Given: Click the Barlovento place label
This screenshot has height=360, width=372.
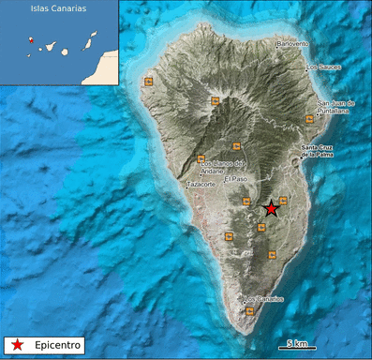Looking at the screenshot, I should click(292, 44).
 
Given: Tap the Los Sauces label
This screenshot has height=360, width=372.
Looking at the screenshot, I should click(322, 67).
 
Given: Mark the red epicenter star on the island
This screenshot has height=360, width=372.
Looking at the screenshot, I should click(271, 208).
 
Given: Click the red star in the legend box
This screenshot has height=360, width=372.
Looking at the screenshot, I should click(18, 344).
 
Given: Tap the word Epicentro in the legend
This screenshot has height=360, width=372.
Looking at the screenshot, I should click(59, 344).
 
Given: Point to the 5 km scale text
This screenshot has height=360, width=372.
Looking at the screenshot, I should click(297, 343).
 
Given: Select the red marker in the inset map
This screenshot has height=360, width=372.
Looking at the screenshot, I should click(31, 40).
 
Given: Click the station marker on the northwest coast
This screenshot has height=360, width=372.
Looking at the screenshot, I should click(148, 82).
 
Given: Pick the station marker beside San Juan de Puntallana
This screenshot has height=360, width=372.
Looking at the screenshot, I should click(309, 119).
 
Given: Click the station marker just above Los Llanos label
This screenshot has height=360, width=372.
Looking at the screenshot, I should click(201, 157).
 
